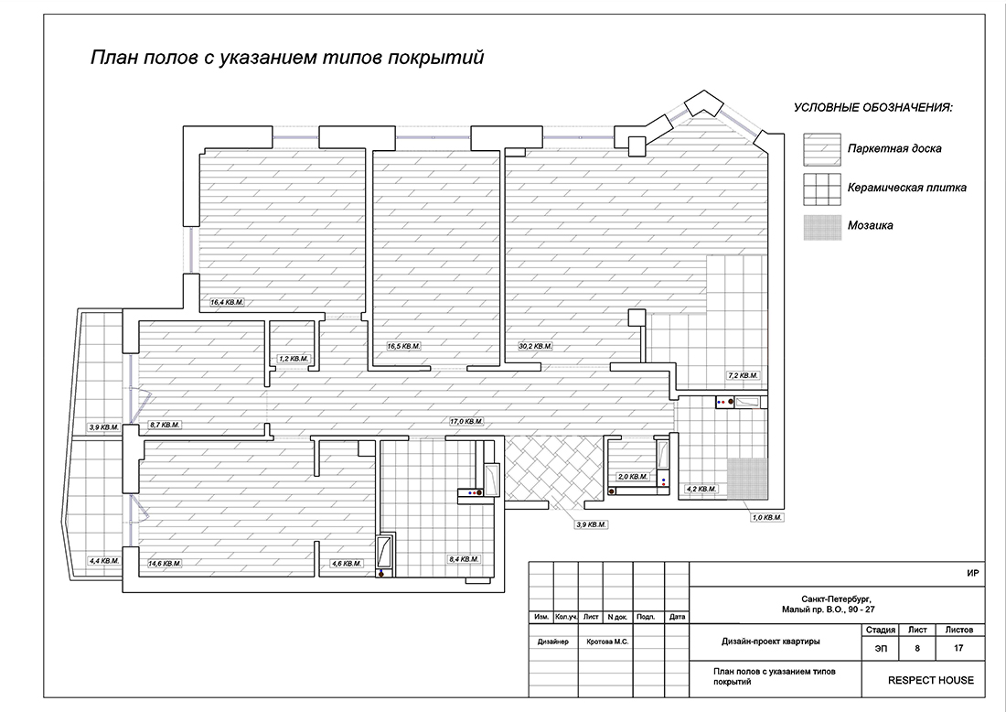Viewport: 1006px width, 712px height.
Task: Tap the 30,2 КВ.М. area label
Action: point(535,347)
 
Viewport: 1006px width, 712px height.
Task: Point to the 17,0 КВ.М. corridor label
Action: point(466,422)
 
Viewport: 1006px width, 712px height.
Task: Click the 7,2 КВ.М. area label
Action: point(743,375)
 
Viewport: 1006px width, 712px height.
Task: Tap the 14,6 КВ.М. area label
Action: point(165,564)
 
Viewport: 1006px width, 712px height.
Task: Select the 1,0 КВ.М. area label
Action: point(765,518)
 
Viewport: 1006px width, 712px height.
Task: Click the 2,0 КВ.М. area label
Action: point(633,477)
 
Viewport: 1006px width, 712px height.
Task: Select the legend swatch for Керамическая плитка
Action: point(821,189)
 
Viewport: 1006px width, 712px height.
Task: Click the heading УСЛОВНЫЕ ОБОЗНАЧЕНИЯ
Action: point(872,108)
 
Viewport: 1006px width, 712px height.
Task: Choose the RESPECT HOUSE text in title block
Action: point(930,680)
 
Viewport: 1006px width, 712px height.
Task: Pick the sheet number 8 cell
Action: point(916,649)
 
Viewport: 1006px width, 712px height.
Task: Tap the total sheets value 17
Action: point(958,649)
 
